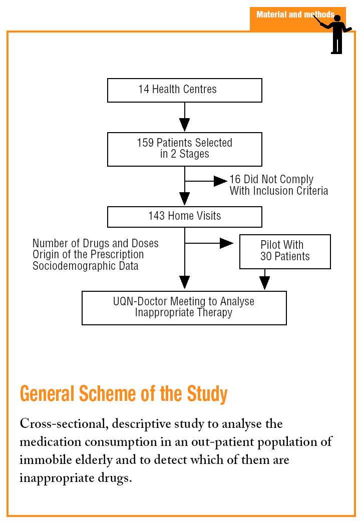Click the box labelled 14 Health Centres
pos(184,90)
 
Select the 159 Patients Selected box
pos(184,149)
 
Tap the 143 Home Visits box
pos(184,216)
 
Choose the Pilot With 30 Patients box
pos(285,251)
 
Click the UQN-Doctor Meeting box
pos(184,308)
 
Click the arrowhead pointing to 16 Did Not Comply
pos(220,181)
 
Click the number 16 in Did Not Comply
pos(235,180)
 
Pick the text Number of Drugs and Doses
pos(96,244)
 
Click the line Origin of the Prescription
pos(88,255)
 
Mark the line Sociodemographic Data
pos(86,266)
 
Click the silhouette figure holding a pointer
pos(337,34)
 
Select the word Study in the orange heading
pos(207,394)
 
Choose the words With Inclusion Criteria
pos(279,191)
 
